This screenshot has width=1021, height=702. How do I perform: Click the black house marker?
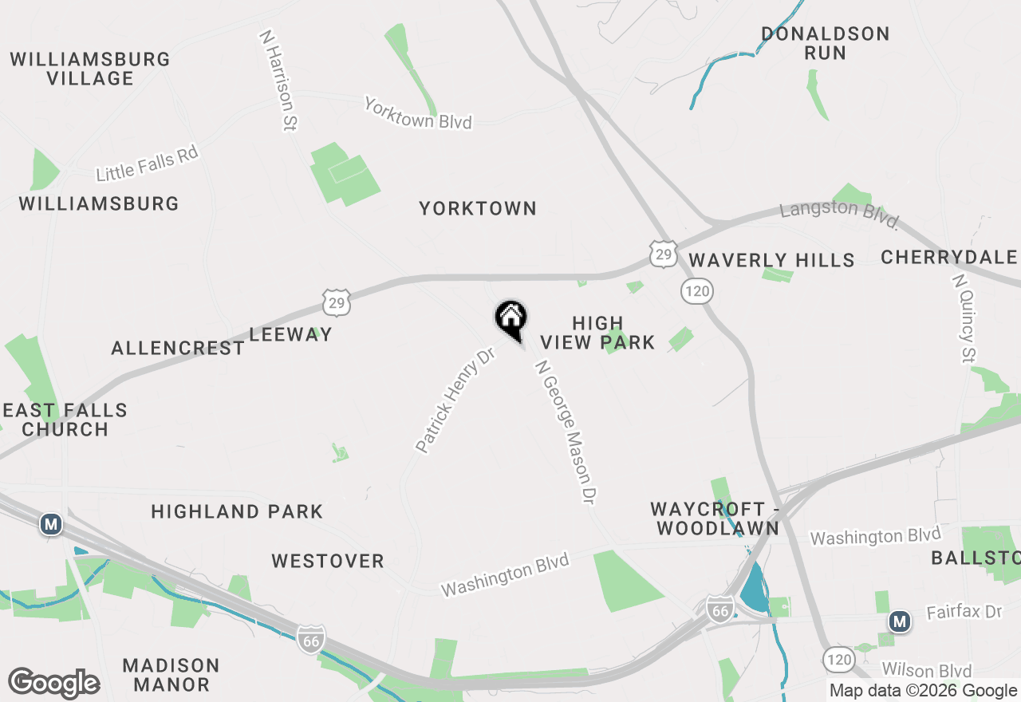(511, 319)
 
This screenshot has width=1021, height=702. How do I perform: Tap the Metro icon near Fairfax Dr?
(900, 621)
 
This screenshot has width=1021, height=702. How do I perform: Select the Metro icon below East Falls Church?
(51, 524)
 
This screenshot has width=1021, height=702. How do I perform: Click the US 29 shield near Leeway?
(337, 302)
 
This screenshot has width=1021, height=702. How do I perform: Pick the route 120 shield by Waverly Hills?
(696, 291)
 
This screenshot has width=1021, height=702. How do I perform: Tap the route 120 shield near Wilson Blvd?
(838, 659)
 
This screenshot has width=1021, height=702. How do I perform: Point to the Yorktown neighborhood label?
(478, 209)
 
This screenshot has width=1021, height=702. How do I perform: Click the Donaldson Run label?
(825, 44)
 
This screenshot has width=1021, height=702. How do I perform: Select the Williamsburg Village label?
(90, 69)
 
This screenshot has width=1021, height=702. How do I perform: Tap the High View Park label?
(597, 333)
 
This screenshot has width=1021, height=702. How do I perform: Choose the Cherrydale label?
(948, 258)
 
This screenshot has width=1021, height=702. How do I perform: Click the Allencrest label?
(178, 349)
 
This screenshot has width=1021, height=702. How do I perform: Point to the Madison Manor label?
(171, 675)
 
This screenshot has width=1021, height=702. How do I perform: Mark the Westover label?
(328, 562)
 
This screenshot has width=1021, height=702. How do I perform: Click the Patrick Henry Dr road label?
(455, 400)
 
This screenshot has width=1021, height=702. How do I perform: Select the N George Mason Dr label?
(566, 432)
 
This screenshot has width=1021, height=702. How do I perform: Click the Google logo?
(53, 683)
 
